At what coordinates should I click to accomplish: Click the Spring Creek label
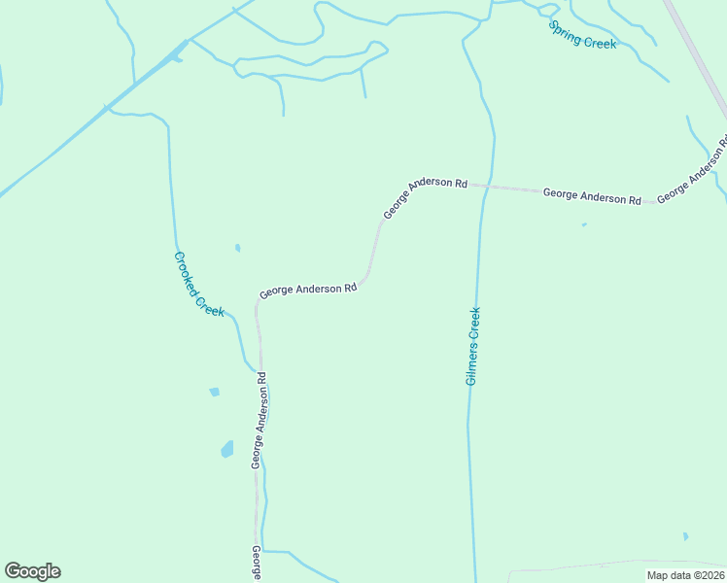coord(582,35)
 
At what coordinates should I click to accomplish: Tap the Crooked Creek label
coord(198,284)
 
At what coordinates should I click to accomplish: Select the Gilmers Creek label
coord(473,346)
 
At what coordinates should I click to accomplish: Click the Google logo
coord(32,571)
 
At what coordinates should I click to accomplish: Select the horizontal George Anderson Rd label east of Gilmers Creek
coord(591,196)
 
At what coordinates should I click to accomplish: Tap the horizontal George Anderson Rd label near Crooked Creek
coord(308,290)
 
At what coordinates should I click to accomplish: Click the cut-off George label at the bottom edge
coord(257,564)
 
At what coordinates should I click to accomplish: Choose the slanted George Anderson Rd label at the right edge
coord(692,171)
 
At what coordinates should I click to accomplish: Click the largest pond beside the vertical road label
coord(227,449)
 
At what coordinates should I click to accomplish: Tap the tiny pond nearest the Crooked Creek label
coord(237,248)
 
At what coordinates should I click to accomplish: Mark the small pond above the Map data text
coord(685,535)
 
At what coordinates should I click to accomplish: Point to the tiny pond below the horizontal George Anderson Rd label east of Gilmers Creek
coord(584,225)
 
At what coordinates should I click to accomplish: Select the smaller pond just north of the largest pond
coord(214,392)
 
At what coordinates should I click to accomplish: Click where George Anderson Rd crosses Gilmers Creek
coord(482,185)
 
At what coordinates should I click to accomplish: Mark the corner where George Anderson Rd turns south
coord(257,303)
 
